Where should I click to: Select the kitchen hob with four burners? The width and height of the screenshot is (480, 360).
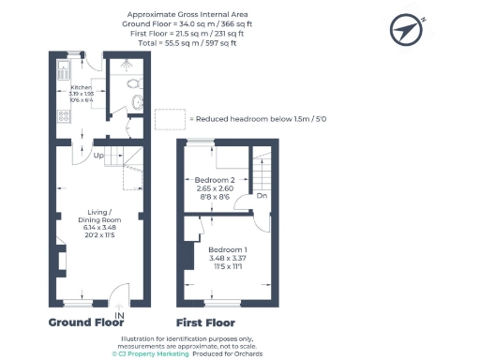click(65, 116)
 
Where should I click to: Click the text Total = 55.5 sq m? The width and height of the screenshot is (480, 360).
click(183, 43)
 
